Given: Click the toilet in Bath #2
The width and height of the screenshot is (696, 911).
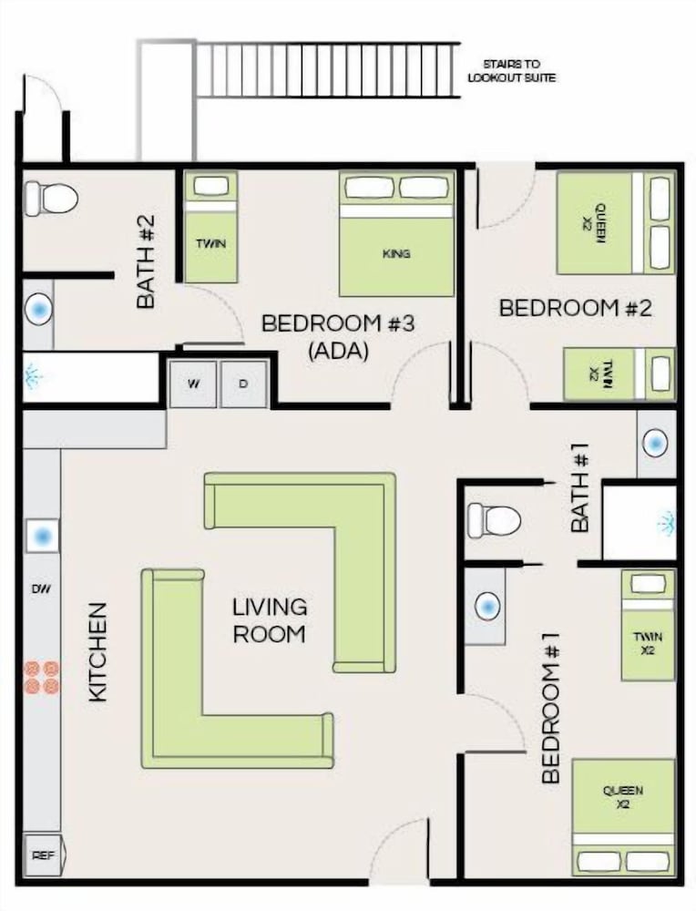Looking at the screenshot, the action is [x=52, y=198].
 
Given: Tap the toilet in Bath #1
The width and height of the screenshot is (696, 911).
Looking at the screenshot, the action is [x=493, y=519].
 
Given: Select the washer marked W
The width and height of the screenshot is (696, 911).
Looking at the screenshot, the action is [x=193, y=384].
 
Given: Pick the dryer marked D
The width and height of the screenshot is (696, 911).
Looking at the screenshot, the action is [x=244, y=384].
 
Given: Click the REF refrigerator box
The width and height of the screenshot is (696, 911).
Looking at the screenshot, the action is [x=44, y=855].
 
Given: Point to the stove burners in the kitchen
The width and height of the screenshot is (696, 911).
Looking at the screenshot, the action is [x=42, y=678].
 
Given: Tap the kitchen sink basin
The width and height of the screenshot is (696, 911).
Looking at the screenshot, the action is [x=43, y=536].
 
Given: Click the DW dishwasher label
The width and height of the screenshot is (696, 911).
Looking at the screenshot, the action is [x=41, y=589].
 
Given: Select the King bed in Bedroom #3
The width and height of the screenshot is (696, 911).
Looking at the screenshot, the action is [x=396, y=234].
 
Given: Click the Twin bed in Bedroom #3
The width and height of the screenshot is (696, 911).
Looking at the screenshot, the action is [x=210, y=227].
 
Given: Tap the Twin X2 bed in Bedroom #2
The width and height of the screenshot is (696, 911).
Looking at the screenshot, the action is [x=619, y=374].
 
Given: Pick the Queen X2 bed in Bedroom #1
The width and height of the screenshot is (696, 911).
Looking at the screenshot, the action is [x=623, y=817].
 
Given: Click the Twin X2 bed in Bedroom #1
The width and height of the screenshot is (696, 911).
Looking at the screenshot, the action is [x=648, y=625].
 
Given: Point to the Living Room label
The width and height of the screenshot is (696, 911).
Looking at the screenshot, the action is [x=270, y=620].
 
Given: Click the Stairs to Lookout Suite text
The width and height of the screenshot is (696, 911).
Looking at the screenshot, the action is [x=512, y=70].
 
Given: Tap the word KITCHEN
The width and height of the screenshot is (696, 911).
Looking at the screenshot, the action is [x=97, y=652].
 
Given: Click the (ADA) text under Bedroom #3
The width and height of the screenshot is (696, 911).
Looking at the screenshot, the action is [x=338, y=351].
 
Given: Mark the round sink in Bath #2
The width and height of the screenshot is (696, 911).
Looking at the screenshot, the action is [x=39, y=307].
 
